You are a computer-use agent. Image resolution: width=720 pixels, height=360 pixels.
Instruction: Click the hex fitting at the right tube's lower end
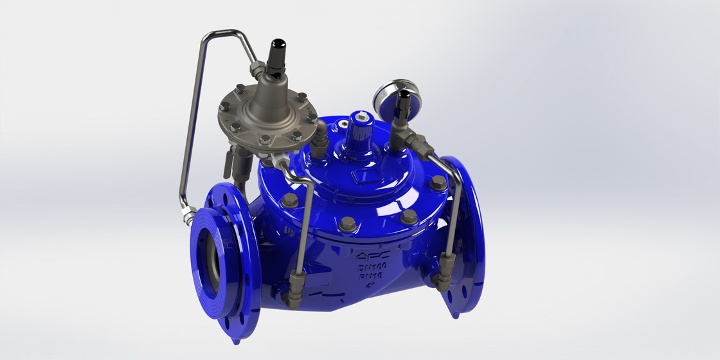click(444, 278)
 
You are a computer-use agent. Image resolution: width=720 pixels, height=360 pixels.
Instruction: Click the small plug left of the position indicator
click(319, 145)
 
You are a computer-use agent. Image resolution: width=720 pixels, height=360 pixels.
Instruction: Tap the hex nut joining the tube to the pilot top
click(259, 66)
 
